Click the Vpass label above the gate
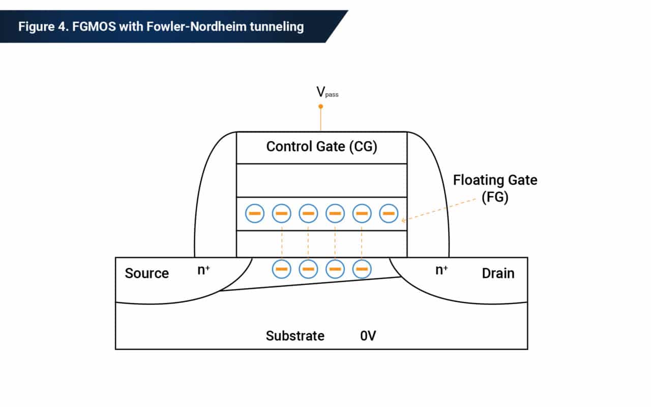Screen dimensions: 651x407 pyautogui.click(x=327, y=92)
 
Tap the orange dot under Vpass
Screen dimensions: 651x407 pyautogui.click(x=320, y=106)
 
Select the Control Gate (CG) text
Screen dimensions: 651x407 pyautogui.click(x=322, y=147)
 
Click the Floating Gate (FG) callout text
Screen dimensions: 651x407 pyautogui.click(x=495, y=189)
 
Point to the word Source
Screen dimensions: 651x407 pyautogui.click(x=147, y=273)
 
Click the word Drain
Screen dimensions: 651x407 pyautogui.click(x=498, y=273)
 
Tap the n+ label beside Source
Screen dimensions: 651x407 pyautogui.click(x=203, y=270)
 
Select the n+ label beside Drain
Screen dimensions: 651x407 pyautogui.click(x=441, y=270)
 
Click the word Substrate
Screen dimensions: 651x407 pyautogui.click(x=295, y=336)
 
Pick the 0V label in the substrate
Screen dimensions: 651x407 pyautogui.click(x=368, y=336)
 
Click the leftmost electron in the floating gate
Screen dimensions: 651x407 pyautogui.click(x=255, y=213)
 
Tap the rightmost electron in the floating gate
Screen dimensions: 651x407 pyautogui.click(x=389, y=213)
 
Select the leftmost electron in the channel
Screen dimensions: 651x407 pyautogui.click(x=282, y=269)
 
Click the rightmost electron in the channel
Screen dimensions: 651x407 pyautogui.click(x=362, y=269)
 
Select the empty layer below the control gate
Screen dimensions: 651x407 pyautogui.click(x=322, y=181)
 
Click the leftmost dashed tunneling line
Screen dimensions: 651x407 pyautogui.click(x=282, y=244)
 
